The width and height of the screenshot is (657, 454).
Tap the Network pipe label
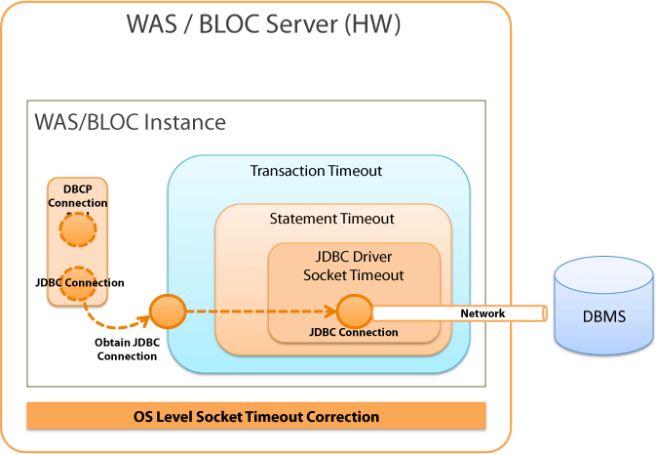[483, 313]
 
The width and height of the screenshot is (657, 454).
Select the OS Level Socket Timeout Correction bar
[255, 416]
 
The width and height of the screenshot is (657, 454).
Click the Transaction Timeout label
[316, 171]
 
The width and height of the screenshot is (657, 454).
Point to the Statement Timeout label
[331, 218]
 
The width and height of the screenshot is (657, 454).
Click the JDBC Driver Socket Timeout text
[353, 267]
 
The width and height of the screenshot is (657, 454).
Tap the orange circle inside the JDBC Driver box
[354, 311]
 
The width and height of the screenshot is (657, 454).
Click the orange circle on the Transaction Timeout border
[167, 311]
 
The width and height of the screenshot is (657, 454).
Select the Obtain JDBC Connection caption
[126, 349]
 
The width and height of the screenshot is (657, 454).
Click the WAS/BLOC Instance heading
[130, 123]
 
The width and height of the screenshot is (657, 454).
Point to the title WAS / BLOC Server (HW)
[263, 24]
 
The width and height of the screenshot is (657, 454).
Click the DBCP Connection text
[78, 196]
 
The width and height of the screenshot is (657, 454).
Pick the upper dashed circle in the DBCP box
[78, 230]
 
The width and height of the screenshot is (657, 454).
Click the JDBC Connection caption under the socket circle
[353, 332]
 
